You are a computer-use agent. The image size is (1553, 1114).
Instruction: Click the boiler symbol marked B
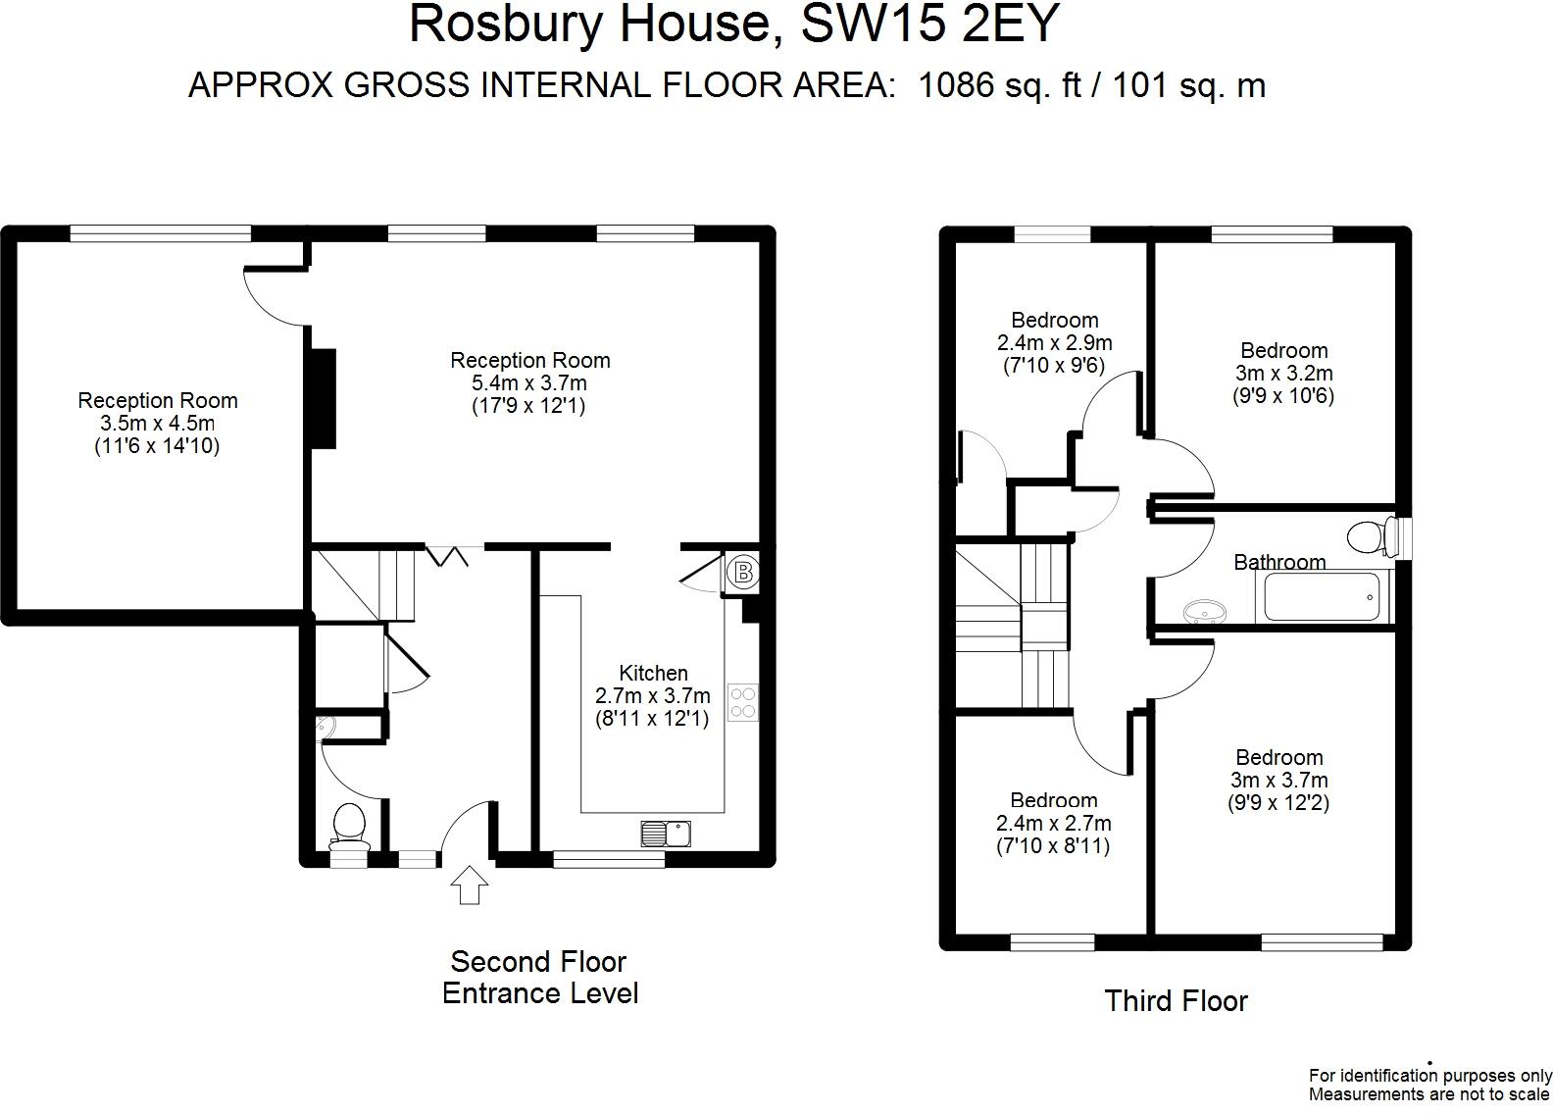pos(743,573)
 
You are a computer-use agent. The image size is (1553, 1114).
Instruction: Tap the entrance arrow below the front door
pos(470,885)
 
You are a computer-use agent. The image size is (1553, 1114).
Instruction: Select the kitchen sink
pos(666,834)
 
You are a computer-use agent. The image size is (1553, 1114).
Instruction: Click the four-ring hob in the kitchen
pos(742,702)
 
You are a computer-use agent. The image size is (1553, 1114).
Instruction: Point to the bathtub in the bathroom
pos(1322,596)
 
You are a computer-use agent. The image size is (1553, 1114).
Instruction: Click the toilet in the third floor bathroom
pos(1373,536)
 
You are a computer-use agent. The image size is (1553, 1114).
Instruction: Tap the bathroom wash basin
pos(1205,612)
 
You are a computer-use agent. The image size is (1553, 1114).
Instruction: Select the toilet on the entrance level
pos(349,827)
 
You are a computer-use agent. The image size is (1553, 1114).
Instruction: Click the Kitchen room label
pos(653,673)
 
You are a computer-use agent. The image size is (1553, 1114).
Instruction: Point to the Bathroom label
pos(1279,562)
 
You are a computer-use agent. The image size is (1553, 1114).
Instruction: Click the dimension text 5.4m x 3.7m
pos(529,382)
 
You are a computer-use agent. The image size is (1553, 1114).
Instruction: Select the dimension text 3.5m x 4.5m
pos(158,423)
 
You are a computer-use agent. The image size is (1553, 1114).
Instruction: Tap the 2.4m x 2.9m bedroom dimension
pos(1055,342)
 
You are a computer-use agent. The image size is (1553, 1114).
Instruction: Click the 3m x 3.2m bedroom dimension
pos(1284,373)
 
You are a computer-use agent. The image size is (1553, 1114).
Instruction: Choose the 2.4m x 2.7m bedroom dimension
pos(1054,823)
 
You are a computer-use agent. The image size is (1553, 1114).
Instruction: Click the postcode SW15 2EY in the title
pos(930,24)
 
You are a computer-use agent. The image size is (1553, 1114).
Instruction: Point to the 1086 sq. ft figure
pos(1000,85)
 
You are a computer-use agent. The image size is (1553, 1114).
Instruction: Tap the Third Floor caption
pos(1176,1001)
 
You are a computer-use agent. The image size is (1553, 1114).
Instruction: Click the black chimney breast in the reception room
pos(324,398)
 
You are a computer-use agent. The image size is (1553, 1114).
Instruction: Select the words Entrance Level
pos(540,993)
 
